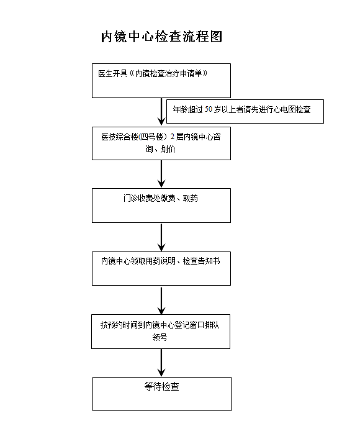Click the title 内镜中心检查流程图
(x=161, y=37)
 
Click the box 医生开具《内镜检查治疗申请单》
(x=161, y=81)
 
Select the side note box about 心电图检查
(x=245, y=111)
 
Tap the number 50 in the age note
(x=209, y=109)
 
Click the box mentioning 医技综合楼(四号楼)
(x=161, y=143)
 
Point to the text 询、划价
(x=161, y=149)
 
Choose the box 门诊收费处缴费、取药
(x=161, y=206)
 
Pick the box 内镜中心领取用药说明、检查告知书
(x=161, y=268)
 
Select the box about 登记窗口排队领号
(x=161, y=332)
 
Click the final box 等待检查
(x=162, y=394)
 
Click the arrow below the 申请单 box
(x=161, y=112)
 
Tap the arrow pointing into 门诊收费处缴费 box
(x=161, y=174)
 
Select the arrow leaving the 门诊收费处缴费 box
(x=161, y=237)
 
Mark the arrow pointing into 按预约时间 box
(x=161, y=301)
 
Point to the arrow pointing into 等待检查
(x=161, y=363)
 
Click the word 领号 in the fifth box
(x=160, y=337)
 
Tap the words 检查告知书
(x=202, y=261)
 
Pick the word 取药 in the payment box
(x=191, y=198)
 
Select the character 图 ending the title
(x=216, y=37)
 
